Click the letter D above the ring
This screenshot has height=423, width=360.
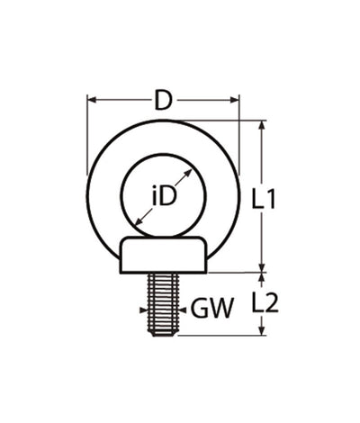click(163, 101)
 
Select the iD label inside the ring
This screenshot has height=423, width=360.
click(163, 195)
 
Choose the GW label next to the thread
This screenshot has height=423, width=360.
click(212, 310)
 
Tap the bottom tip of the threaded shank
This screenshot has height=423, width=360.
click(163, 335)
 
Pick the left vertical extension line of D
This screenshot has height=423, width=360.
click(86, 135)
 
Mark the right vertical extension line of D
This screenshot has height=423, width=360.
click(240, 135)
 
